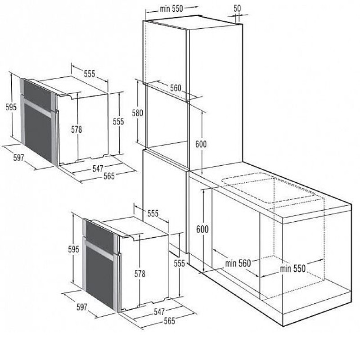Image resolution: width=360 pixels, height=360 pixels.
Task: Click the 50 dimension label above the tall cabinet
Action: point(237,8)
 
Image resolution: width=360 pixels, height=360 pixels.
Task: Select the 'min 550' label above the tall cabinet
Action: point(171,9)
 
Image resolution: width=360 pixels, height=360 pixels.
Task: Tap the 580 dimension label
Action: point(137,113)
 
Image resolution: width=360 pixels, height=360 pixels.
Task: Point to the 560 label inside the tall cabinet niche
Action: point(175,88)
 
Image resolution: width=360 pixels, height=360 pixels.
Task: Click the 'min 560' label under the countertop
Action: point(238,263)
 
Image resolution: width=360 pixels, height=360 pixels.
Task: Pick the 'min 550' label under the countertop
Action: point(293,268)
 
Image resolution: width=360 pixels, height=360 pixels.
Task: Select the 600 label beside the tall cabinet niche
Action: point(201,144)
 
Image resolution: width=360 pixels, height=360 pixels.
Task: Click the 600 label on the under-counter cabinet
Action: point(202,229)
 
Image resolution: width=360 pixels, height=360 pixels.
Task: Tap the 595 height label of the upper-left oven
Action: point(11,107)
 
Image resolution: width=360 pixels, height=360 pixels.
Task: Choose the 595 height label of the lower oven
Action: point(74,249)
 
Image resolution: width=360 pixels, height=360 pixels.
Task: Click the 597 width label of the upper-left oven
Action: point(18,158)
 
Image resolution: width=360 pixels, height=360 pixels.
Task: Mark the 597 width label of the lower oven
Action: point(82,307)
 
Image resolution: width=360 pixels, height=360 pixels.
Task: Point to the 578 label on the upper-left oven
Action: point(76,130)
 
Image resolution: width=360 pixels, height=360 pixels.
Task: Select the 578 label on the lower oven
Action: point(140,274)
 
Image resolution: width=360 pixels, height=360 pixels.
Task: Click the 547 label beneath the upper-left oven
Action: point(98,169)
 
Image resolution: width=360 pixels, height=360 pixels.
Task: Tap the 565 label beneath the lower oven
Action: point(170,321)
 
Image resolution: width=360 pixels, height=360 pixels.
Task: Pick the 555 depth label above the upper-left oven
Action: point(89,74)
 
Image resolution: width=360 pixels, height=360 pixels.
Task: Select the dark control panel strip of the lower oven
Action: point(100,237)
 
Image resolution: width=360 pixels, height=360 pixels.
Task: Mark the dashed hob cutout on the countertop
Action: point(268,188)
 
